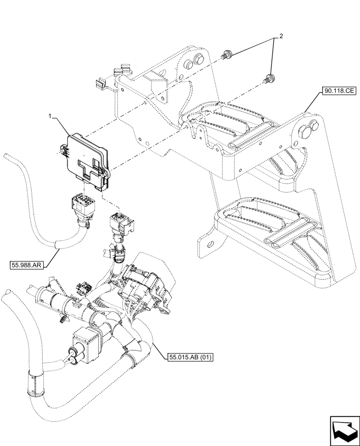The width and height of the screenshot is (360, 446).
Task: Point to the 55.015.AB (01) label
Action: (x=190, y=357)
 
